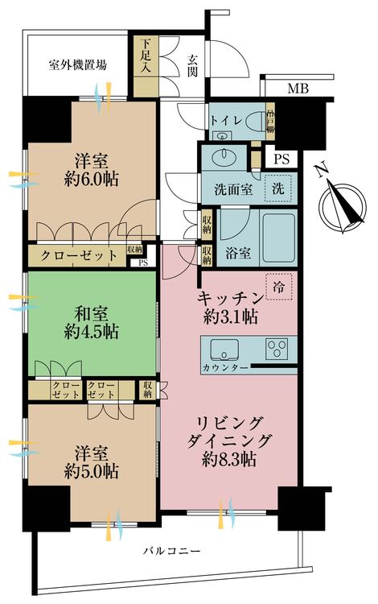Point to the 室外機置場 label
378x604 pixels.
pyautogui.click(x=77, y=65)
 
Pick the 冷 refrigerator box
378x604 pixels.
pyautogui.click(x=279, y=285)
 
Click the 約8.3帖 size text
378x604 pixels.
pyautogui.click(x=228, y=461)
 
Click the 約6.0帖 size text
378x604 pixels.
pyautogui.click(x=91, y=180)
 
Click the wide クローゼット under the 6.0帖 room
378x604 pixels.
pyautogui.click(x=76, y=254)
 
